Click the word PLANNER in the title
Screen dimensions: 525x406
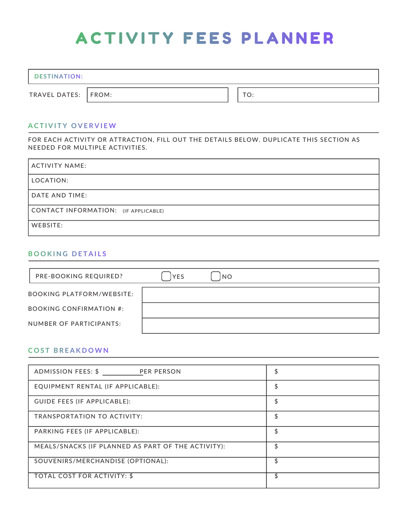tap(287, 38)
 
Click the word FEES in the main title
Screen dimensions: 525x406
tap(207, 38)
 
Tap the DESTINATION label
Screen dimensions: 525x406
tap(59, 76)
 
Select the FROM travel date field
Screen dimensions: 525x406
tap(157, 95)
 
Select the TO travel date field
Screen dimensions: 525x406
tap(308, 95)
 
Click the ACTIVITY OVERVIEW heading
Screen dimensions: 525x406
tap(72, 126)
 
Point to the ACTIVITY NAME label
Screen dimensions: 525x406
tap(59, 166)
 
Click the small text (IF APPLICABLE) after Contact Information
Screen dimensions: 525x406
tap(143, 211)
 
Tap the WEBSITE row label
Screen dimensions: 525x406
tap(47, 226)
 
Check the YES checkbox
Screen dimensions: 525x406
tap(166, 276)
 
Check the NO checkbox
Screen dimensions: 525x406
tap(216, 276)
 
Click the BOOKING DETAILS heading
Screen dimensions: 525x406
tap(67, 254)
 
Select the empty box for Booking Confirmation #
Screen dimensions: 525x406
tap(260, 310)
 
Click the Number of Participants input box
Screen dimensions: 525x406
tap(260, 326)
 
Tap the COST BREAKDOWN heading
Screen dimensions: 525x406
tap(68, 350)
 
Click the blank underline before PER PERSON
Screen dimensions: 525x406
tap(121, 372)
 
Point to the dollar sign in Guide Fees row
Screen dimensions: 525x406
tap(276, 401)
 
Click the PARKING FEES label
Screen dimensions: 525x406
tap(58, 432)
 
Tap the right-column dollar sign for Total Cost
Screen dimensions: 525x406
tap(276, 476)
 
